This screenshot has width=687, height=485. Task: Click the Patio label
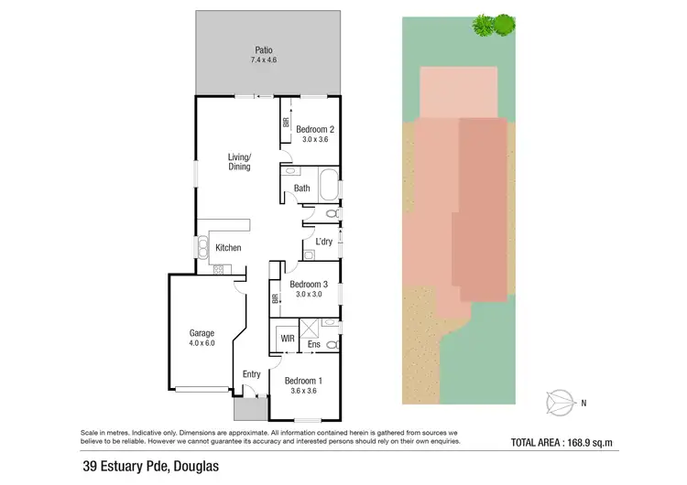click(x=264, y=49)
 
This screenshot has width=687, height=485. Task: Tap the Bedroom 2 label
click(x=314, y=129)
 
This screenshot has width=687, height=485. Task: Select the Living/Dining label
click(x=239, y=162)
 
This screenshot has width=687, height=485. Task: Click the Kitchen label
click(x=228, y=248)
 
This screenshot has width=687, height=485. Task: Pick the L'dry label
click(x=323, y=242)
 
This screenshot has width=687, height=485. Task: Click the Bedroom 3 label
click(x=310, y=285)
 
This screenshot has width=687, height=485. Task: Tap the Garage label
click(x=202, y=333)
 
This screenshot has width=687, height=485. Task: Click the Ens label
click(x=314, y=345)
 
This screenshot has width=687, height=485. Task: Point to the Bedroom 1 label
click(x=302, y=381)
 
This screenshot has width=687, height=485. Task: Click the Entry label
click(x=251, y=373)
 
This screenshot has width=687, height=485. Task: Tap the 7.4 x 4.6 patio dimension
click(x=264, y=60)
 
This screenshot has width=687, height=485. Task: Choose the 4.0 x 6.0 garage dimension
click(x=202, y=344)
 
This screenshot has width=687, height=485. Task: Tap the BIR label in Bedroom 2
click(x=286, y=121)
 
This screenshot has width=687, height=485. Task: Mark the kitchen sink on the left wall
click(x=201, y=247)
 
